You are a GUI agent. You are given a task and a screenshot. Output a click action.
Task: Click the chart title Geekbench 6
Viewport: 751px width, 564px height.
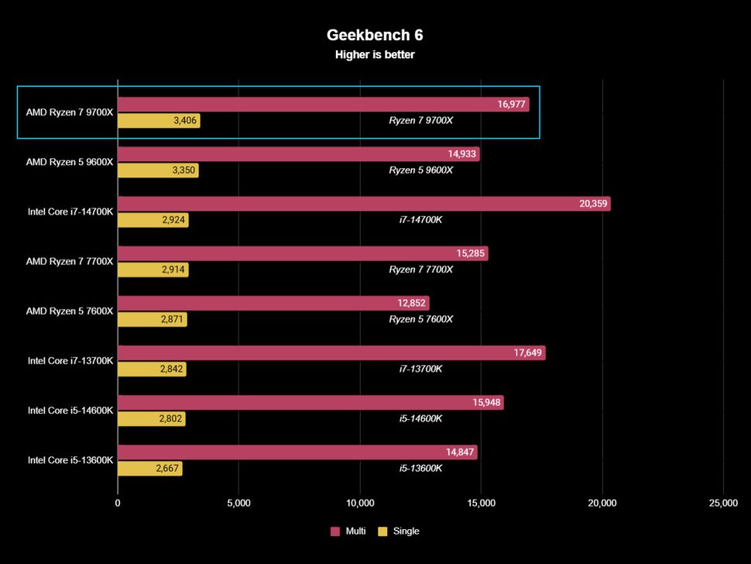(x=375, y=35)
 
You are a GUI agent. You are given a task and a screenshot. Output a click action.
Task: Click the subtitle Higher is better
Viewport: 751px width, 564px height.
(x=375, y=54)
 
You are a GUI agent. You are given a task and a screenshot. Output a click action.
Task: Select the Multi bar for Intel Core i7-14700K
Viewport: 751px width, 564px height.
(x=363, y=204)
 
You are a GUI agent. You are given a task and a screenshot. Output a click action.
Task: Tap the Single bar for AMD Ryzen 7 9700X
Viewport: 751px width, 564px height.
(x=159, y=121)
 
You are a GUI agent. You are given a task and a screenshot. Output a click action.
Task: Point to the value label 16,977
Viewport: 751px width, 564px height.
(x=511, y=105)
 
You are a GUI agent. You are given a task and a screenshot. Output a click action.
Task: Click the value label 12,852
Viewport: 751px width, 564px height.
(x=411, y=303)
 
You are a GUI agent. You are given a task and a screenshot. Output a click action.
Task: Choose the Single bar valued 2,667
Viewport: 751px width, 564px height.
(x=149, y=469)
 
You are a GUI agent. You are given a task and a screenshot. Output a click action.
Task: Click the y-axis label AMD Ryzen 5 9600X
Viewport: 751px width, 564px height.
(x=70, y=162)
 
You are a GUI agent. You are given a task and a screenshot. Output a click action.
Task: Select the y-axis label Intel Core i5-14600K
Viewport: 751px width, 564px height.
(x=70, y=410)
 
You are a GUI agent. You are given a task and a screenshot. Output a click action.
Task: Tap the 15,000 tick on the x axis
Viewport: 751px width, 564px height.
(x=482, y=504)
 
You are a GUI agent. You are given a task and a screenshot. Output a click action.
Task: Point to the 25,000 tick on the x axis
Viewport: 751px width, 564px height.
(x=723, y=504)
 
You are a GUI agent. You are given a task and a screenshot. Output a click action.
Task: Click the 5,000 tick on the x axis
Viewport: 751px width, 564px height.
(x=238, y=504)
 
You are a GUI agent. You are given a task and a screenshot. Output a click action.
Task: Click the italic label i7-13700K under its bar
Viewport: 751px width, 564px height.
(x=420, y=369)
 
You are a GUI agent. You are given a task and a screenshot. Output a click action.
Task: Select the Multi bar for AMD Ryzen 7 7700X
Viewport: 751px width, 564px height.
(x=302, y=253)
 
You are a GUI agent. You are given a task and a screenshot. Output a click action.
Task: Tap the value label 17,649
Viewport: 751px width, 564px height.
(x=528, y=353)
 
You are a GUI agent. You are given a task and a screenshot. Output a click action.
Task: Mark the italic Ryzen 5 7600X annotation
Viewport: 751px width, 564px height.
(x=420, y=319)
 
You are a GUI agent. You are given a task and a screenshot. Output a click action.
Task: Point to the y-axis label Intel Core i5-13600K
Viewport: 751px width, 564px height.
(x=70, y=459)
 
